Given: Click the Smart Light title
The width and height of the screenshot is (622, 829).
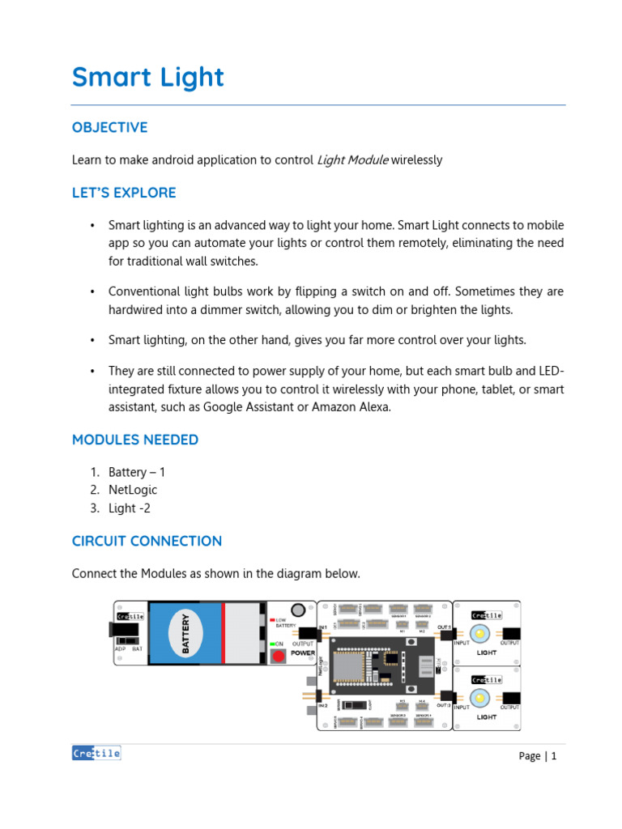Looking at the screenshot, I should click(147, 78).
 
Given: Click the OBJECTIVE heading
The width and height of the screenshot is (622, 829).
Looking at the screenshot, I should click(109, 128).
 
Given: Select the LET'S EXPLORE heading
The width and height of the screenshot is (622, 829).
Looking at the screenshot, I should click(123, 193).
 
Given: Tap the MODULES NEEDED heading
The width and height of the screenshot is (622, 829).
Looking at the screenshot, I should click(134, 440).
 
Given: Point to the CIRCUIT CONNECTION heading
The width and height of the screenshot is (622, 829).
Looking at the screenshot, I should click(147, 541).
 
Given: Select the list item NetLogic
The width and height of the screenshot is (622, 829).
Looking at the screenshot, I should click(133, 490).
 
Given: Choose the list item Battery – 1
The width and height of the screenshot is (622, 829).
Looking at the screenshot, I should click(137, 472).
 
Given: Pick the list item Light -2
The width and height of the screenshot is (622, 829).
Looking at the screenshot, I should click(130, 508).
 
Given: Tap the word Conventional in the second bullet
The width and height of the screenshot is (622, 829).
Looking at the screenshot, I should click(145, 291).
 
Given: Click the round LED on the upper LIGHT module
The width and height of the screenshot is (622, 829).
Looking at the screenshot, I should click(479, 632).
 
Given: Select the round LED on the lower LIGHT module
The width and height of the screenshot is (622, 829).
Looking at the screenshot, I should click(479, 697).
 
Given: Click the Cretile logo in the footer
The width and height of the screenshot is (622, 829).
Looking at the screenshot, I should click(96, 753).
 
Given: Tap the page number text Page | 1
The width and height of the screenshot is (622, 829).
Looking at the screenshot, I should click(538, 756).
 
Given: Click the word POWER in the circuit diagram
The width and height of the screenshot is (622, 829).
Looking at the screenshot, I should click(303, 653).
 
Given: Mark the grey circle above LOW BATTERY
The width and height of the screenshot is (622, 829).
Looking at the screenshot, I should click(298, 610).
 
